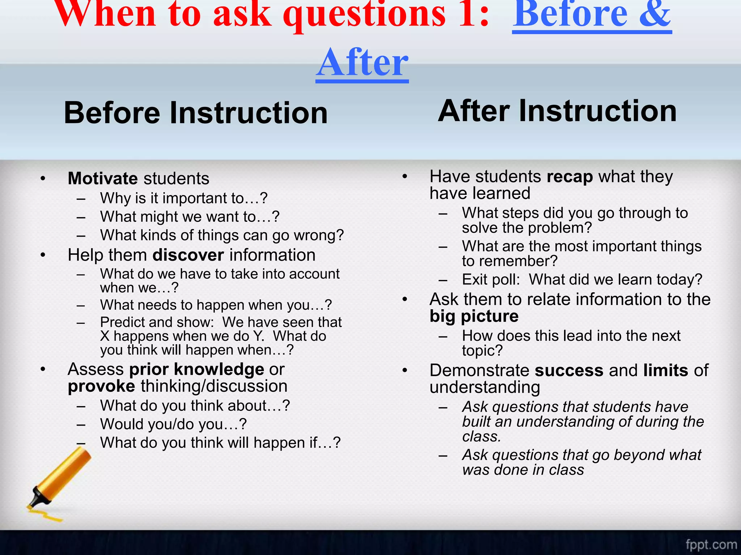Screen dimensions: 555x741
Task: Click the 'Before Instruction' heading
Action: [195, 113]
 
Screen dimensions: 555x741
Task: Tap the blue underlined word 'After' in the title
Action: [362, 63]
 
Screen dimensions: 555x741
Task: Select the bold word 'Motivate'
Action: [103, 178]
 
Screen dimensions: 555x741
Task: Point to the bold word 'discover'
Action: [188, 255]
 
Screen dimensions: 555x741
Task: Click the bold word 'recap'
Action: [569, 177]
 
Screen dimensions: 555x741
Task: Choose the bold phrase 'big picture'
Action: [474, 316]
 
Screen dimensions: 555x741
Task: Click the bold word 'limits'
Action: [665, 370]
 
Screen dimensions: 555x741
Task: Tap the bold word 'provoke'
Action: [101, 386]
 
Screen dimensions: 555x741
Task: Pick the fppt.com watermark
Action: [711, 544]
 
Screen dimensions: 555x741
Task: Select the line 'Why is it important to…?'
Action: [184, 198]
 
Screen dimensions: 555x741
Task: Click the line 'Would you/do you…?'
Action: [173, 424]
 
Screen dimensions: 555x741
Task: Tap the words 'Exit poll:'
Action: [491, 280]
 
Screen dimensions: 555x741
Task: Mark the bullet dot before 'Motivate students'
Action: [43, 178]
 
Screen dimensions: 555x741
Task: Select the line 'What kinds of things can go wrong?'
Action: [222, 235]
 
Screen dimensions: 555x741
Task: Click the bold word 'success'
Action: [569, 370]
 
